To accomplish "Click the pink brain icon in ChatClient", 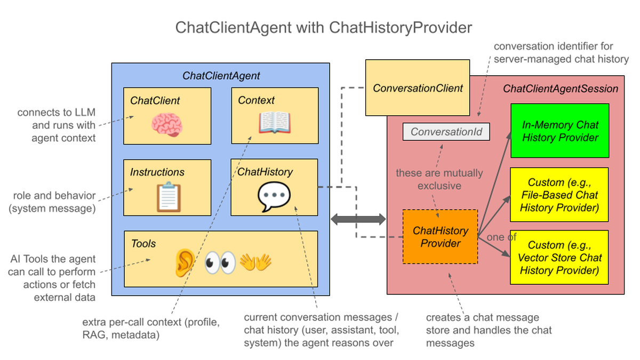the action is (x=167, y=125).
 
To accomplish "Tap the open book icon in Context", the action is (x=275, y=123).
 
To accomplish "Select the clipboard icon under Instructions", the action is (x=169, y=197).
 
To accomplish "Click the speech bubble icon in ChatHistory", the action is (x=274, y=197).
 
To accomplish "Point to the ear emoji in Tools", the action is (x=185, y=262).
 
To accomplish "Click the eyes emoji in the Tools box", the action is (x=220, y=262).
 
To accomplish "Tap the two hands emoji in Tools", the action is (x=255, y=262).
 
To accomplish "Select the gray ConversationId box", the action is (x=446, y=132).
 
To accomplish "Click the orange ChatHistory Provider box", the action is (x=440, y=237).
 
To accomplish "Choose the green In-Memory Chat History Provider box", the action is (x=559, y=131).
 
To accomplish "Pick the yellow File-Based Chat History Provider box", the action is (x=559, y=195).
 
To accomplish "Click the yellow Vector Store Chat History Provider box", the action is (x=559, y=257).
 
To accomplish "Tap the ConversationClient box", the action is (x=418, y=87).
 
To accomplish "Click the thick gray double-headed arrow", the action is (x=358, y=219).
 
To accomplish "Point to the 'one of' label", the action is (x=501, y=237).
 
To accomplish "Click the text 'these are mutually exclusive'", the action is (x=439, y=179).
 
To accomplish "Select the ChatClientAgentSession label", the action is (x=561, y=89).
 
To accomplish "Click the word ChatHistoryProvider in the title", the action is (x=401, y=28).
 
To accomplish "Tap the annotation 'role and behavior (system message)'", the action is (x=52, y=202).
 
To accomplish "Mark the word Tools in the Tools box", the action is (x=143, y=244).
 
